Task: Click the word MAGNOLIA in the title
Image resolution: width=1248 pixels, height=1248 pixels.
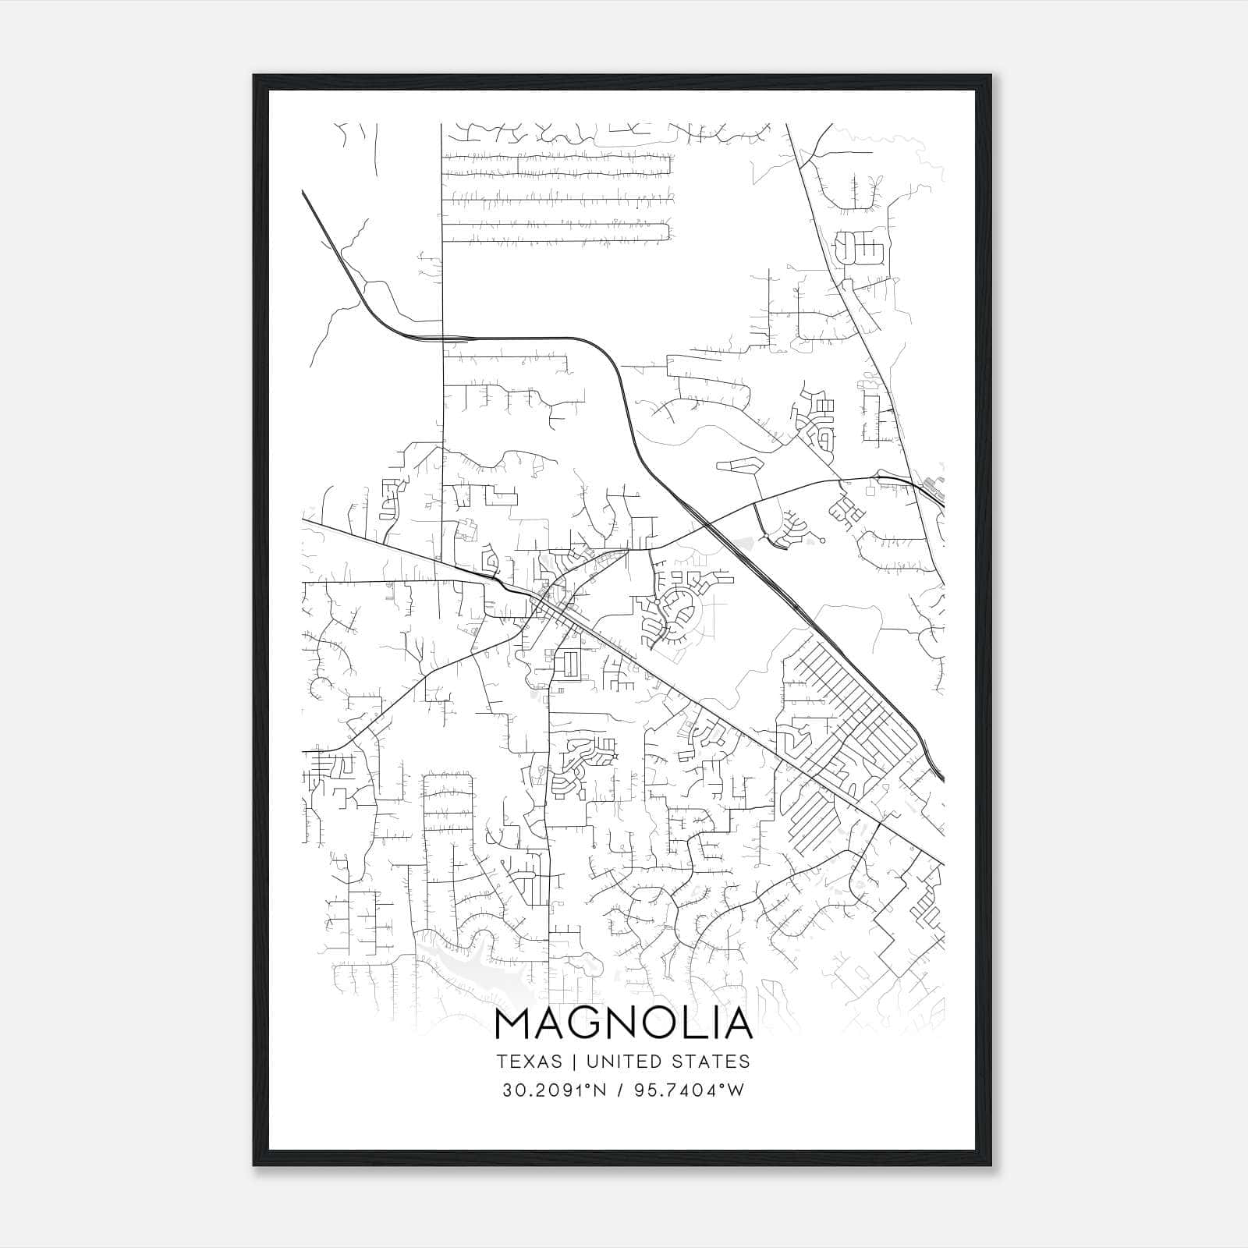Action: [623, 1024]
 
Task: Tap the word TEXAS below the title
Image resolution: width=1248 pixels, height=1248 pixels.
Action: [529, 1062]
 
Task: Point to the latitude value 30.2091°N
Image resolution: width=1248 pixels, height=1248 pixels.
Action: [555, 1090]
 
